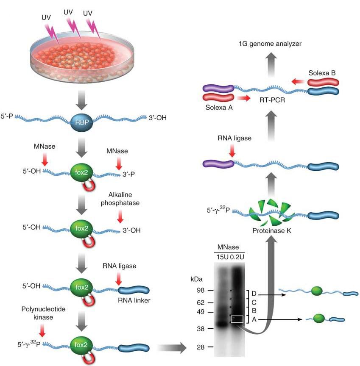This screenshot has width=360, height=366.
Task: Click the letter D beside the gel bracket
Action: point(254,293)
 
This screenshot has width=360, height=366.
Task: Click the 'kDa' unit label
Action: point(197,280)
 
